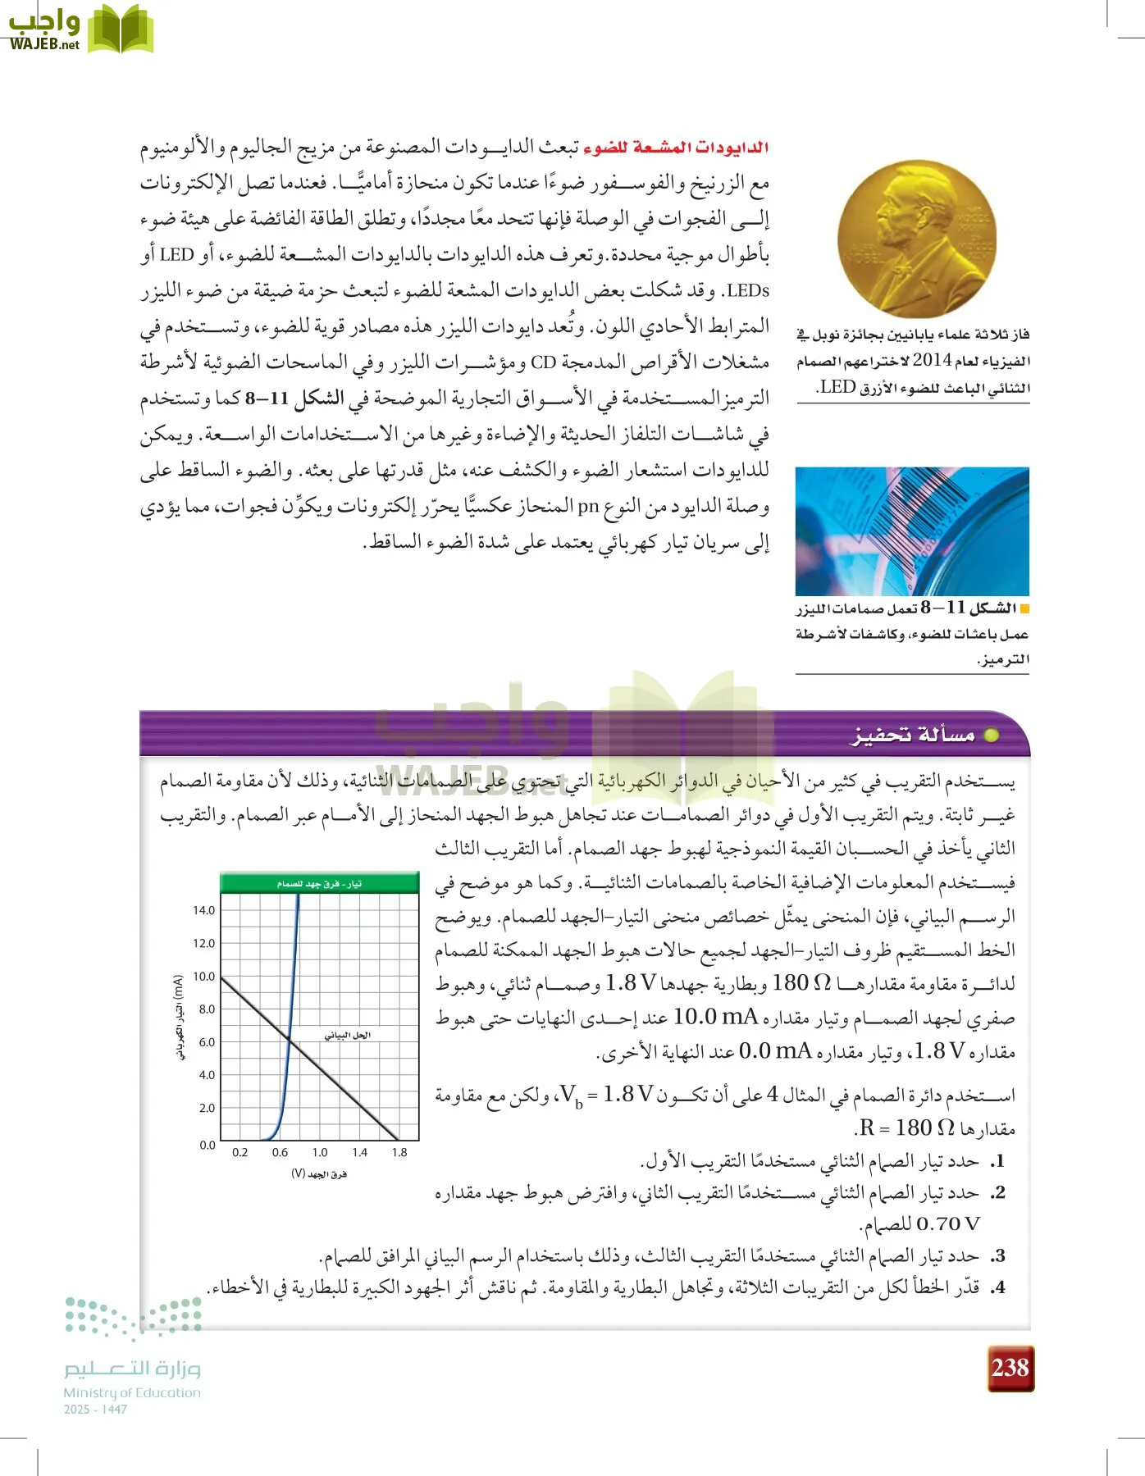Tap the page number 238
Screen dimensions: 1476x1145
[1010, 1368]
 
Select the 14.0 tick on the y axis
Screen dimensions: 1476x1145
[203, 910]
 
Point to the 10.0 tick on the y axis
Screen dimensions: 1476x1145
[203, 977]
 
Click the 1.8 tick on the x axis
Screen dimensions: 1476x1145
[399, 1152]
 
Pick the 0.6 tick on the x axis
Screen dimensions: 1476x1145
[281, 1152]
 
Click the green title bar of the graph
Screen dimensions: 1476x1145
[319, 883]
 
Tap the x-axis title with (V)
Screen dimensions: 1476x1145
[319, 1174]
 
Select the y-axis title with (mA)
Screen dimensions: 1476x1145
[179, 1017]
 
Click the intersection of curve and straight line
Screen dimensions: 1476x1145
[289, 1041]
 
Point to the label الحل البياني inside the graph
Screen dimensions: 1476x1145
[347, 1035]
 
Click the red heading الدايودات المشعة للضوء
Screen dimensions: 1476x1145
[675, 148]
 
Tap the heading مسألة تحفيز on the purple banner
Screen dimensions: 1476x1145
[912, 735]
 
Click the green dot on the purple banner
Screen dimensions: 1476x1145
[991, 736]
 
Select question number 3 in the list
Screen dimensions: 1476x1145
[997, 1255]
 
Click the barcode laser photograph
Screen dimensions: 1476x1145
[912, 531]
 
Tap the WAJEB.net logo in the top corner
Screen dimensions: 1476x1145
[80, 30]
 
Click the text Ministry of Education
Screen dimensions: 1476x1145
[132, 1392]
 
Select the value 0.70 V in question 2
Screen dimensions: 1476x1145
[948, 1224]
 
